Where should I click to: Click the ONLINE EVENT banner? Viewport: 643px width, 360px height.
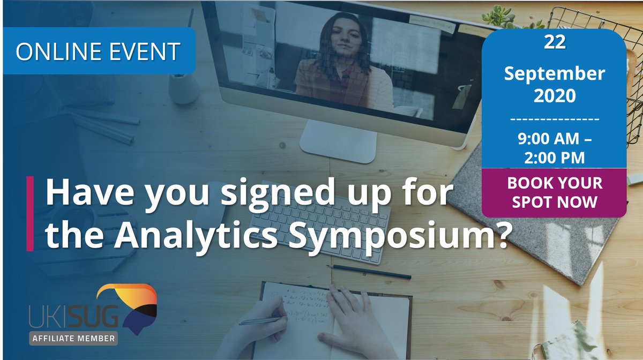[x=98, y=51]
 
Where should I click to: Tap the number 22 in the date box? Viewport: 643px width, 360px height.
[x=554, y=43]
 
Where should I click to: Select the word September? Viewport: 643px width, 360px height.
[x=554, y=73]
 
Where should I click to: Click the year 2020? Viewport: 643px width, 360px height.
[x=554, y=96]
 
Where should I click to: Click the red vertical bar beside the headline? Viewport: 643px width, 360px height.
[x=30, y=213]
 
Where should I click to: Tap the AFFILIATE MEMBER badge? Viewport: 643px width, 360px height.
[x=73, y=339]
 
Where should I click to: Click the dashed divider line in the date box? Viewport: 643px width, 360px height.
[x=554, y=118]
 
